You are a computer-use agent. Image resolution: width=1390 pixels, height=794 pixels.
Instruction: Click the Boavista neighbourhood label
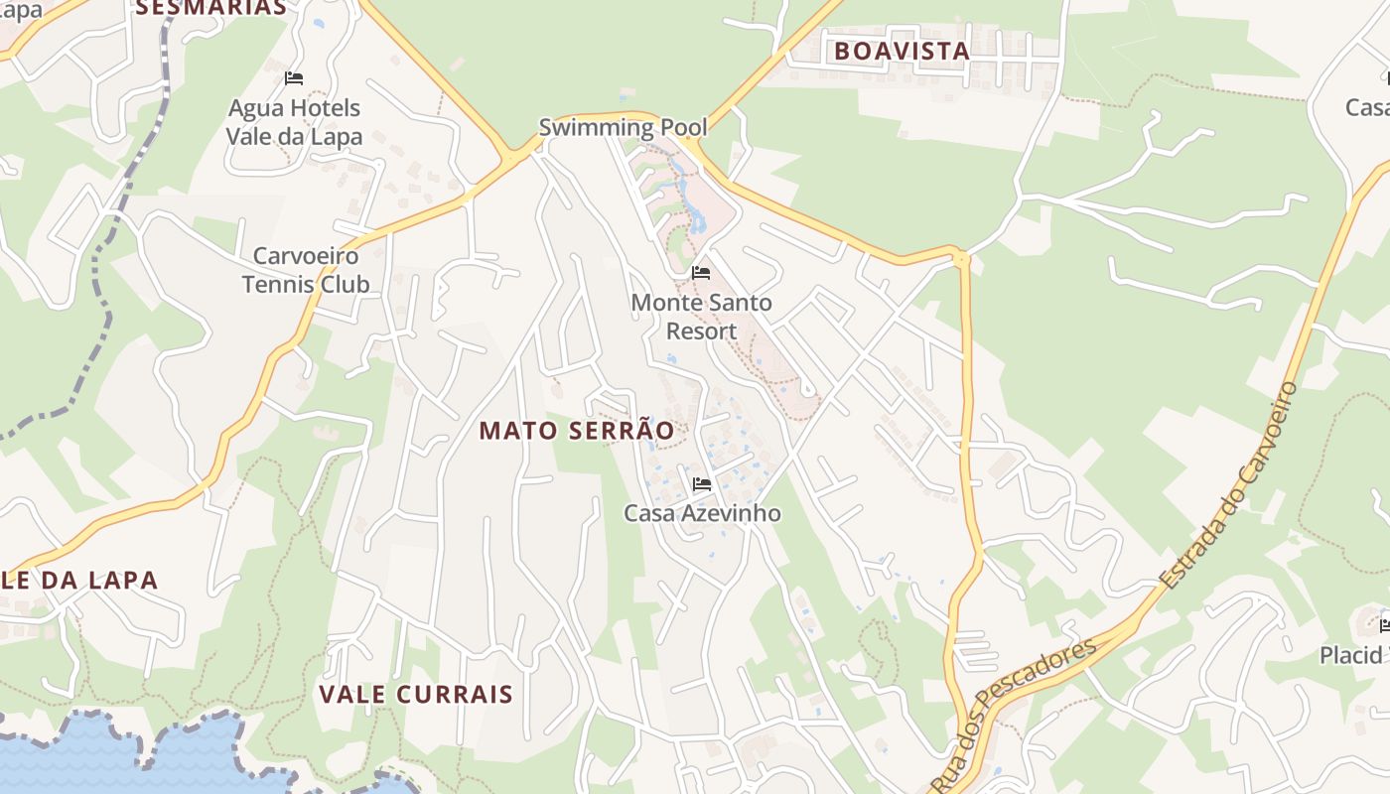click(901, 52)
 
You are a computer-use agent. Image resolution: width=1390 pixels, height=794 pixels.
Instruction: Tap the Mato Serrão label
click(577, 431)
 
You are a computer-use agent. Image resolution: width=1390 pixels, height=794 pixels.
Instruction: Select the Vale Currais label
click(416, 694)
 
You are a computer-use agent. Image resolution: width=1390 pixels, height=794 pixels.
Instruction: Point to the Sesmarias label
click(210, 8)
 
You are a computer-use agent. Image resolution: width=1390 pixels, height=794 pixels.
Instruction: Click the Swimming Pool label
click(623, 127)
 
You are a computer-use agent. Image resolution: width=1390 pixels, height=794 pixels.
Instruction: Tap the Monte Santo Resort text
click(701, 317)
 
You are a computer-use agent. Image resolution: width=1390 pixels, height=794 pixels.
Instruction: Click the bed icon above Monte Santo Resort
click(701, 273)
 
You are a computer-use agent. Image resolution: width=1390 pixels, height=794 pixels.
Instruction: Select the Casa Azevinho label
click(702, 513)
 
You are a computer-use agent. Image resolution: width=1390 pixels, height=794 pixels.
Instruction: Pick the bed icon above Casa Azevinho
click(702, 484)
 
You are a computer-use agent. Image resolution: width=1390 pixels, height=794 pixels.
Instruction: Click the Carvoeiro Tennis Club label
click(306, 270)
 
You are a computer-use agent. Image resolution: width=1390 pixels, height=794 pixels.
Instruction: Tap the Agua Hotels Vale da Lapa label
click(294, 122)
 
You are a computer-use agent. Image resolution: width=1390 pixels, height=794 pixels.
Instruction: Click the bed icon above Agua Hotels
click(293, 77)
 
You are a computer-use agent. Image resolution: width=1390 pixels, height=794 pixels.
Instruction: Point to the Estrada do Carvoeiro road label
click(1232, 484)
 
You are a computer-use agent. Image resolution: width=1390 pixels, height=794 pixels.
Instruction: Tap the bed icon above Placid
click(1384, 625)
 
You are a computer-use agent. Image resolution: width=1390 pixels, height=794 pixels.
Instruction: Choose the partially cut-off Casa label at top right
click(1368, 107)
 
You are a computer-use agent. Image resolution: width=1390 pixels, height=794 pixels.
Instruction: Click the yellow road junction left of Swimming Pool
click(512, 158)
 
